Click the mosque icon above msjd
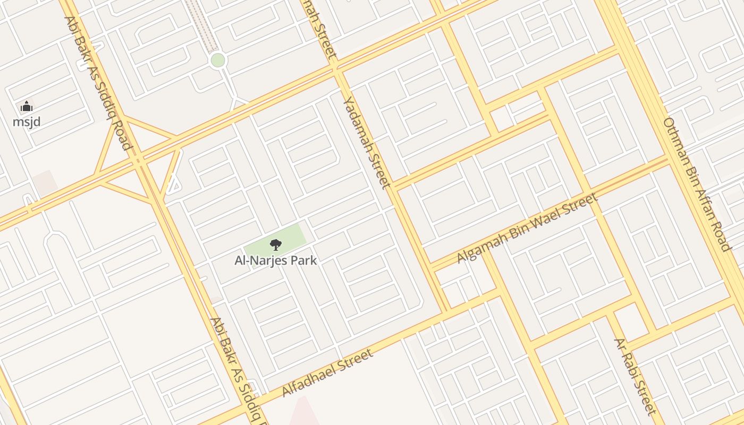(26, 107)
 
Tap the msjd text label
(27, 122)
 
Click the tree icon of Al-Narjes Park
(275, 245)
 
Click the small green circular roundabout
(217, 60)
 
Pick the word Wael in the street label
(543, 219)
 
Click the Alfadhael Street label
(327, 373)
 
